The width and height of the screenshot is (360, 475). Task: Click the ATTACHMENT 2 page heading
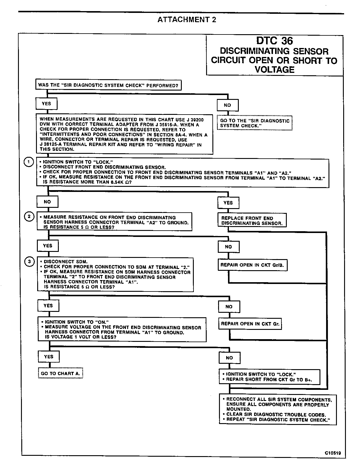(187, 20)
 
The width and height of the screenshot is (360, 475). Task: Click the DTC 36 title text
(274, 41)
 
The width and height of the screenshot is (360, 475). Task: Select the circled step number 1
(29, 162)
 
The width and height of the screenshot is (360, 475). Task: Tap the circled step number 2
(29, 217)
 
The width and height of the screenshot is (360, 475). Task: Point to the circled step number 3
(29, 262)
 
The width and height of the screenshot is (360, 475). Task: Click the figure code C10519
(332, 453)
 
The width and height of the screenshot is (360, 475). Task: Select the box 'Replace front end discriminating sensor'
(252, 221)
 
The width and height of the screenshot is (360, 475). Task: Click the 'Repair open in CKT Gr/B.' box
(252, 265)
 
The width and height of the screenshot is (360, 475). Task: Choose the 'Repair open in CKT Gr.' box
(250, 324)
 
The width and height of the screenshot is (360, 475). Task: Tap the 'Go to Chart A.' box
(61, 374)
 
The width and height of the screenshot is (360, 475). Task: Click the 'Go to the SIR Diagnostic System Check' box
(255, 123)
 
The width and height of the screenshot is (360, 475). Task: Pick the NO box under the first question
(227, 105)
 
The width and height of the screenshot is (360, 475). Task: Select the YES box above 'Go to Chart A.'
(49, 357)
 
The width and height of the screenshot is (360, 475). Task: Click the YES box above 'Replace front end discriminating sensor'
(228, 203)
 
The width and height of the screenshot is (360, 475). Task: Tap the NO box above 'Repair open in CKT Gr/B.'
(228, 247)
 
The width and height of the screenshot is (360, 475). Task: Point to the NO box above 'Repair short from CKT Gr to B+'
(229, 358)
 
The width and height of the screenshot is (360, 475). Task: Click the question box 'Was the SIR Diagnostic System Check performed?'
(108, 85)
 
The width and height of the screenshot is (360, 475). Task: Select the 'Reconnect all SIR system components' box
(277, 409)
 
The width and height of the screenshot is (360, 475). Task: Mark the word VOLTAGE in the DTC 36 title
(274, 70)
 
